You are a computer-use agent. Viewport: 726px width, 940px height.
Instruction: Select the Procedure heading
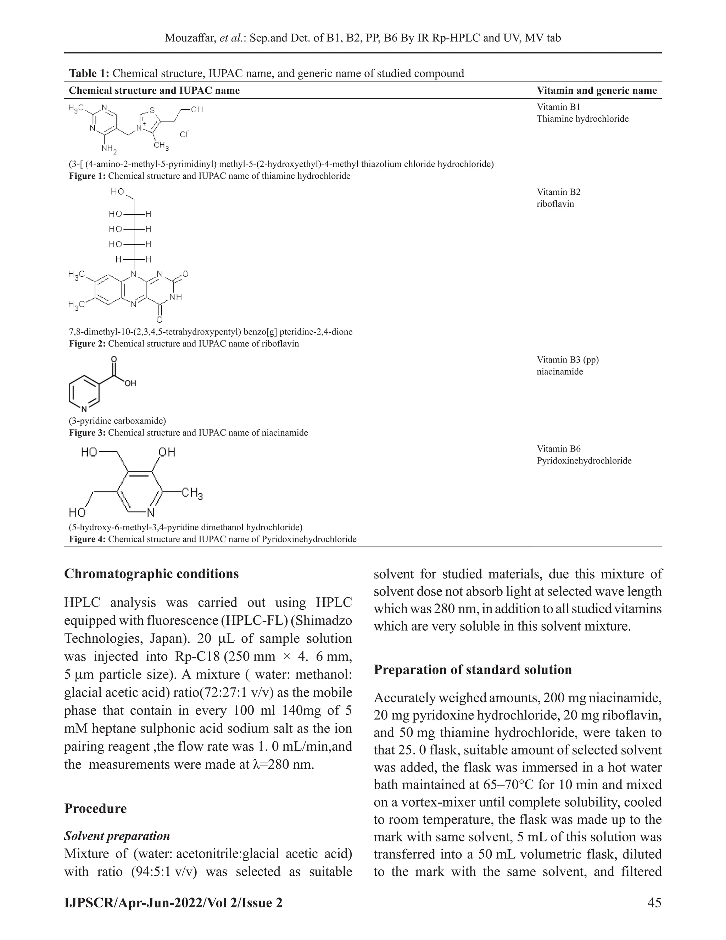(95, 808)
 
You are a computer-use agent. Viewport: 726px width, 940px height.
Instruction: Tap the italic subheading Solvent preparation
(117, 836)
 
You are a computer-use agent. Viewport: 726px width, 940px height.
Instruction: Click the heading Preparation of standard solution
(473, 669)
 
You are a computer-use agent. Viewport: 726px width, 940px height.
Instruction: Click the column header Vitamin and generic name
(597, 90)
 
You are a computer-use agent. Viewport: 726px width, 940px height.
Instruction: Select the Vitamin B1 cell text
(558, 107)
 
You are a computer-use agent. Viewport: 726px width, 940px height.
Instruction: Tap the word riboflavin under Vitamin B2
(555, 204)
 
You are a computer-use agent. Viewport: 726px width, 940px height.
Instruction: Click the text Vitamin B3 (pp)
(567, 360)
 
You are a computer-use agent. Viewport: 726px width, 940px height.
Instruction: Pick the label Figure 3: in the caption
(87, 432)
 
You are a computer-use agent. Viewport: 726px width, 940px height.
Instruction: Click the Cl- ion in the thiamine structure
(184, 134)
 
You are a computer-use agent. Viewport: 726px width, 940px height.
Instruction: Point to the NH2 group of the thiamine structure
(109, 149)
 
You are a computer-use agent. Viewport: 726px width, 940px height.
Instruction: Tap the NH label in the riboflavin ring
(176, 297)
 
